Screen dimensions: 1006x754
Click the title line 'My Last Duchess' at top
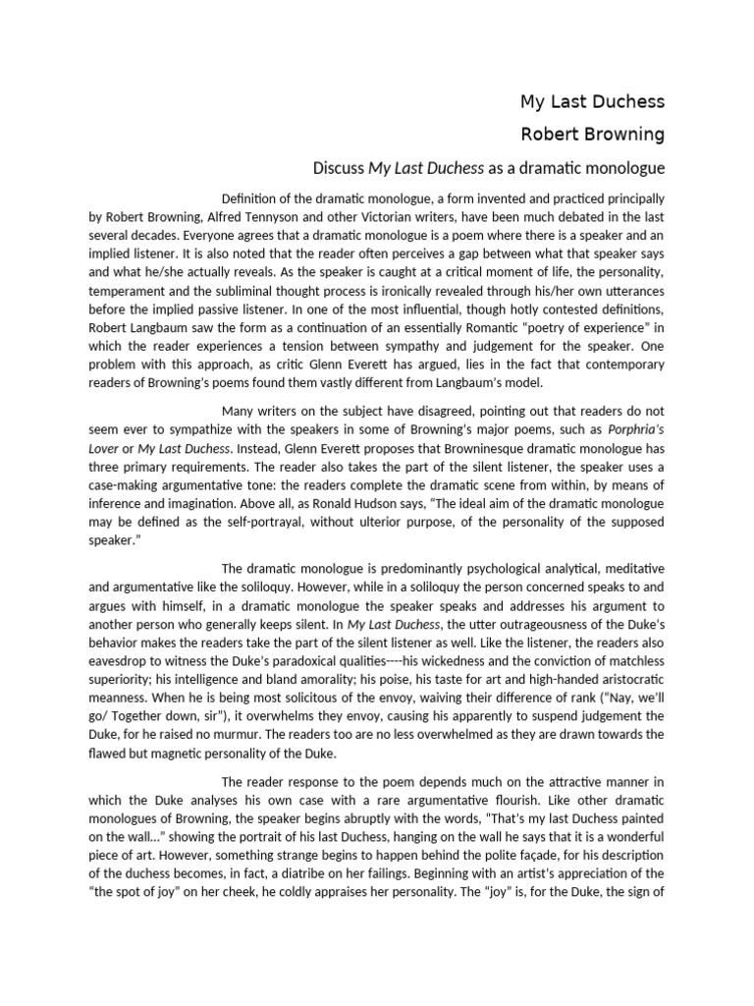pos(591,102)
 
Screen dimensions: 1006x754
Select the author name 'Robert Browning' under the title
pos(591,133)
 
